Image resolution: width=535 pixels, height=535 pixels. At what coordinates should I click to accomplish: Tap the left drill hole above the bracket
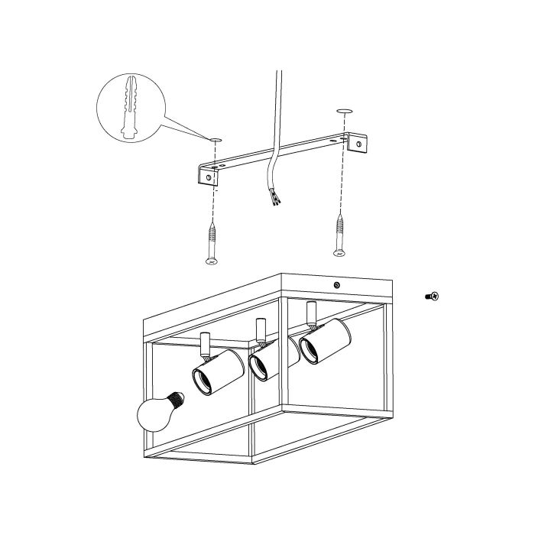coord(215,139)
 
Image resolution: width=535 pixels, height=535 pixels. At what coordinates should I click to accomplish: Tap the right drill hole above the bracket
coord(344,112)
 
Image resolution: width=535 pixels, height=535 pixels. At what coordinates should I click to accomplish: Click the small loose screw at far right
coord(433,295)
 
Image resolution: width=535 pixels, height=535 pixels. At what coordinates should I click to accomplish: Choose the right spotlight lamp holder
coord(324,341)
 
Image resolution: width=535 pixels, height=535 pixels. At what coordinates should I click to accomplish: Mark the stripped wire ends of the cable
coord(274,199)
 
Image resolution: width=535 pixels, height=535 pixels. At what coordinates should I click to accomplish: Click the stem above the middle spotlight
coord(260,329)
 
